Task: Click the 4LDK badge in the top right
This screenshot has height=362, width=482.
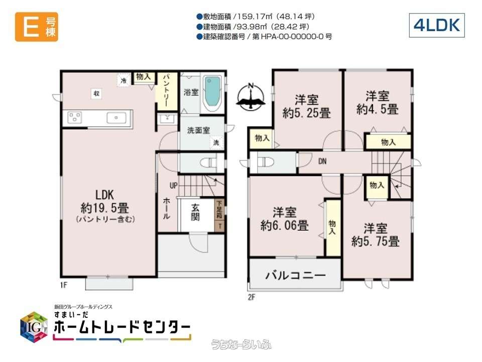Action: pos(436,25)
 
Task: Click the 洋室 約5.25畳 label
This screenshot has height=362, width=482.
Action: pos(306,107)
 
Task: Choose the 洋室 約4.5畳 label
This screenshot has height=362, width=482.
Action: pos(377,102)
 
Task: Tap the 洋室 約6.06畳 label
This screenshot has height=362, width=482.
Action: pos(284,219)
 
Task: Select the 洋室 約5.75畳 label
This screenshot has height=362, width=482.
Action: pos(376,235)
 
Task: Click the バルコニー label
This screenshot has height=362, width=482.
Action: pos(295,276)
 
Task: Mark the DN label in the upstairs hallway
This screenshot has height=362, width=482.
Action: pos(322,161)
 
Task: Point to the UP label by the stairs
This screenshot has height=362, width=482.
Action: pos(173,186)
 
